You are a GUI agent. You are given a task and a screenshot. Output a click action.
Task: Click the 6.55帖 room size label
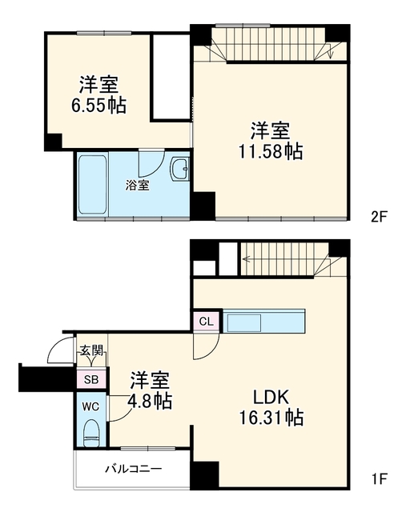pyautogui.click(x=98, y=105)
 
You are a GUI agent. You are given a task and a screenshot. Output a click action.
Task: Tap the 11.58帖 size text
pyautogui.click(x=271, y=151)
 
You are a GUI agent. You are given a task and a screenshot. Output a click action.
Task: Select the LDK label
pyautogui.click(x=271, y=398)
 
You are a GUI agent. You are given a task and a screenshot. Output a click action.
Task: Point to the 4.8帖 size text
pyautogui.click(x=151, y=401)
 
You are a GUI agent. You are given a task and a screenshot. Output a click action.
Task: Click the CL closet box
pyautogui.click(x=207, y=321)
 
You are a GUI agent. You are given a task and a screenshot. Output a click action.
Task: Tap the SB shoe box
pyautogui.click(x=91, y=379)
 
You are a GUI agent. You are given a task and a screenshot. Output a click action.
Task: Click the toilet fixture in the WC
pyautogui.click(x=91, y=433)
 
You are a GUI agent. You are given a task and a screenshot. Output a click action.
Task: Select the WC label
pyautogui.click(x=90, y=407)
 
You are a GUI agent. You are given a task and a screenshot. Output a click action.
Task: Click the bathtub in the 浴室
pyautogui.click(x=93, y=185)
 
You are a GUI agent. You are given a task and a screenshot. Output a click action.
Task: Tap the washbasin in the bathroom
pyautogui.click(x=179, y=170)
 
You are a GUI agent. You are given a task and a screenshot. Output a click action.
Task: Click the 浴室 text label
pyautogui.click(x=138, y=185)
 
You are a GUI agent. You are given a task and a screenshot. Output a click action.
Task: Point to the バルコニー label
pyautogui.click(x=133, y=470)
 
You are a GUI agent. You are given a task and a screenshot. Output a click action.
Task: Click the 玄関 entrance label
pyautogui.click(x=91, y=350)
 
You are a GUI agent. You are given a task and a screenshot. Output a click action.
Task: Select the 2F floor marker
pyautogui.click(x=379, y=217)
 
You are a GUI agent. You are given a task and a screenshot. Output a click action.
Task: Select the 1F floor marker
pyautogui.click(x=380, y=479)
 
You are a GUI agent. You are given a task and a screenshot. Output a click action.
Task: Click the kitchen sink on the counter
pyautogui.click(x=244, y=322)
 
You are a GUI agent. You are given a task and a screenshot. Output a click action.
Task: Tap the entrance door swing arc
pyautogui.click(x=55, y=346)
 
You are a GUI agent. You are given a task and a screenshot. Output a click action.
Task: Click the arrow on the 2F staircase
pyautogui.click(x=330, y=50)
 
